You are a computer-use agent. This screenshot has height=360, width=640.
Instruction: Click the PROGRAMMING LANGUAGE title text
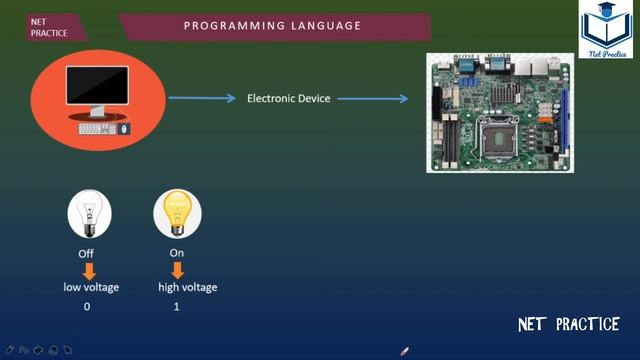click(272, 26)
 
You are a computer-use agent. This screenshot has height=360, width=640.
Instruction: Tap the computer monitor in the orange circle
click(97, 88)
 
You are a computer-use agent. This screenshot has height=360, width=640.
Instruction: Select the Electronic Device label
click(289, 98)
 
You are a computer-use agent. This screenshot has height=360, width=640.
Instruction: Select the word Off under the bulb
click(87, 254)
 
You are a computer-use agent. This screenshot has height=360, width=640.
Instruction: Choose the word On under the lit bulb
click(177, 253)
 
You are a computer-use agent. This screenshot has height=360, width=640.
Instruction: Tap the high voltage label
click(188, 288)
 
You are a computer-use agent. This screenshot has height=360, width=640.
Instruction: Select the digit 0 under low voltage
click(87, 306)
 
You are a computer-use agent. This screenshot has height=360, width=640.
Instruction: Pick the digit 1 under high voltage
click(177, 306)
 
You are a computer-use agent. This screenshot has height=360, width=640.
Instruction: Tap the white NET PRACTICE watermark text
click(569, 324)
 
